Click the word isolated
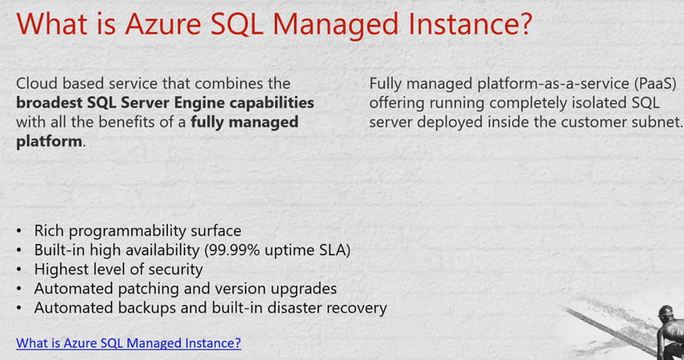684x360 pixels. pyautogui.click(x=601, y=103)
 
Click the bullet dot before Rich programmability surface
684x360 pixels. pyautogui.click(x=19, y=231)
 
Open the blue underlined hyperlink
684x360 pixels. pyautogui.click(x=128, y=343)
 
